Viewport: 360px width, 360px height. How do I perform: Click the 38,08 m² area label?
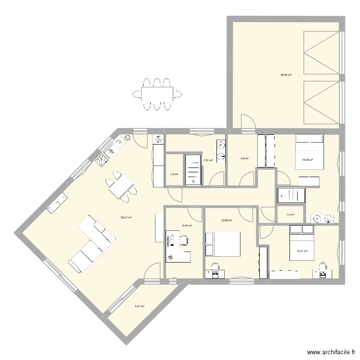pos(286,75)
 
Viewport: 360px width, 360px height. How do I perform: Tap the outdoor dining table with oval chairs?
pos(157,94)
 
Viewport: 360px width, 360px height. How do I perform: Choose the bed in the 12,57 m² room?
pos(301,243)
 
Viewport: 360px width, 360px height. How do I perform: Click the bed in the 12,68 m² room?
pos(223,244)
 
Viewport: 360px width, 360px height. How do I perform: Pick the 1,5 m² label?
pos(290,215)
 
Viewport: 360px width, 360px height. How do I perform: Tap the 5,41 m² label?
pos(139,306)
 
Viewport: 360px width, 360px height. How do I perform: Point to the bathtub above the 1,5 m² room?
pos(291,195)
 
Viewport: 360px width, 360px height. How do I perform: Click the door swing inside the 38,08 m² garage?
pos(247,121)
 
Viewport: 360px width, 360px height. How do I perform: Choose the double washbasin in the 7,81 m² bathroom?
pos(221,150)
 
